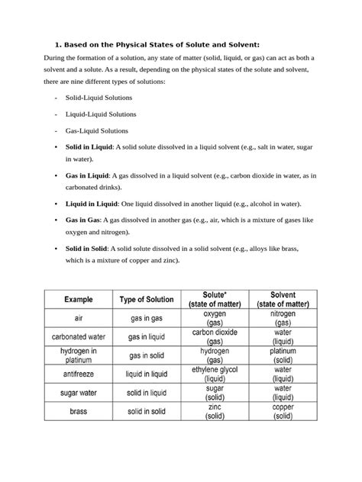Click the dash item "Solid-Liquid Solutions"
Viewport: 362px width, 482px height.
tap(99, 98)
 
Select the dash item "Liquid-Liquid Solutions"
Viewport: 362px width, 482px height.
tap(101, 114)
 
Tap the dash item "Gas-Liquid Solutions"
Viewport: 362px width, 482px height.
tap(98, 130)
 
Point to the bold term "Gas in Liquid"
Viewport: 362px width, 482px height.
tap(87, 175)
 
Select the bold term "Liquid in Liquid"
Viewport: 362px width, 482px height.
tap(92, 204)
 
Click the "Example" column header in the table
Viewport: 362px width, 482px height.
tap(78, 300)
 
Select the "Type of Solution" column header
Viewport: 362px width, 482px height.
tap(147, 300)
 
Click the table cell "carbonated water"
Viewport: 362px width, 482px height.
tap(78, 336)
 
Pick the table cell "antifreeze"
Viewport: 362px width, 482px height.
tap(78, 374)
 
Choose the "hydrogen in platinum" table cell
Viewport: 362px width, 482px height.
tap(78, 355)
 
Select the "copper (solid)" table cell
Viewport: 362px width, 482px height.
tap(283, 411)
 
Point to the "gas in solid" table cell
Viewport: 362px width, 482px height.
tap(147, 355)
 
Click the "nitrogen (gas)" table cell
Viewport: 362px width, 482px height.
tap(283, 318)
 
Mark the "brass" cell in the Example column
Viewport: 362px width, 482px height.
tap(78, 411)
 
